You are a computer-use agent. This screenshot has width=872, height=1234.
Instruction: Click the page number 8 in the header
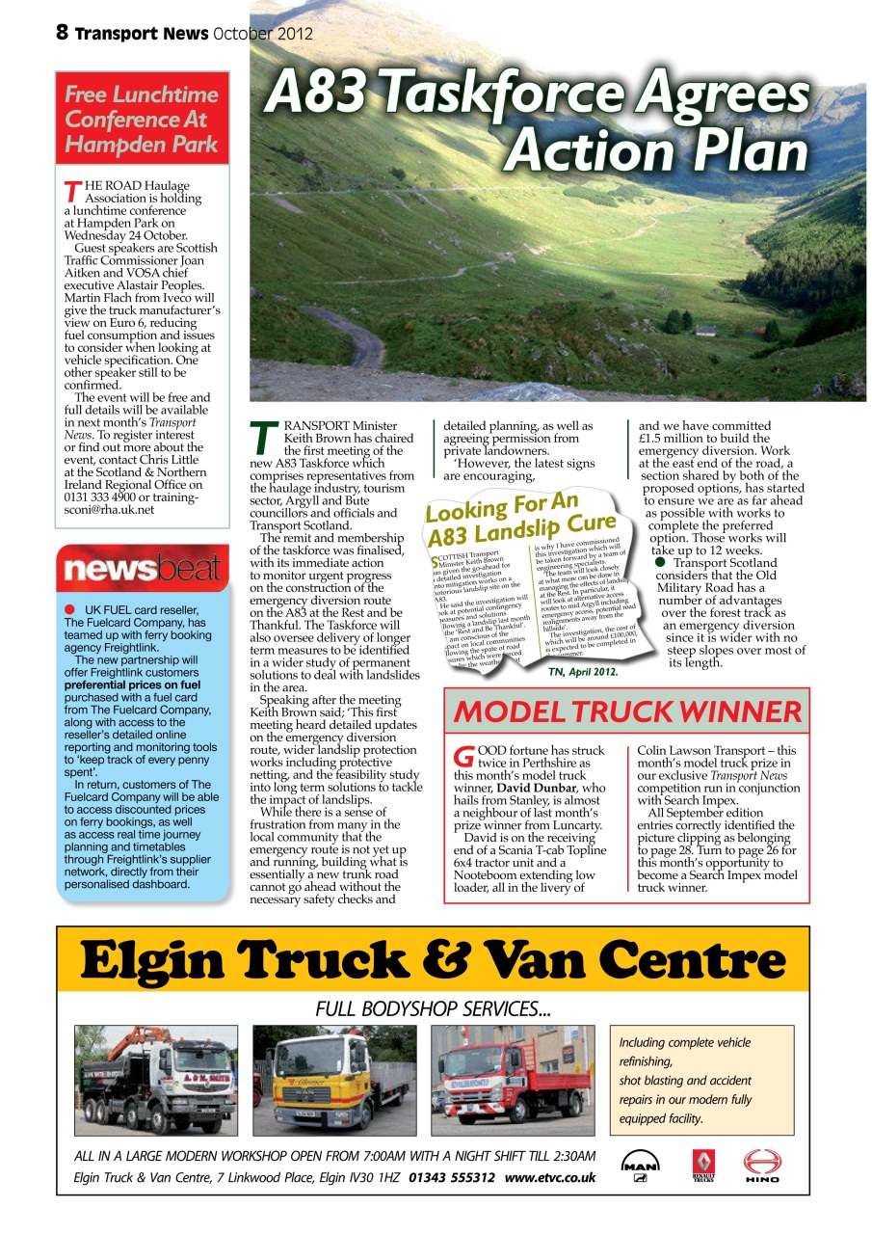pos(63,33)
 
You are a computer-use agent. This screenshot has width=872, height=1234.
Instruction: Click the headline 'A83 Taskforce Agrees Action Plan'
pos(538,121)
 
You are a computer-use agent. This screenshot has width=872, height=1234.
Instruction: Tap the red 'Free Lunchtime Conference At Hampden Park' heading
pos(143,121)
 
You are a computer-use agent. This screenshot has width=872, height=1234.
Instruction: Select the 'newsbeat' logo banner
pos(143,569)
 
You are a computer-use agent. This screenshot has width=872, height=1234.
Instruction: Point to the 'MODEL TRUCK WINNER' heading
pos(627,711)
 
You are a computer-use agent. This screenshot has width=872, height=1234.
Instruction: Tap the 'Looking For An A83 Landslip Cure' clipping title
pos(520,519)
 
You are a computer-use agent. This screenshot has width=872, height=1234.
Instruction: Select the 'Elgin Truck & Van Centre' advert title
pos(433,959)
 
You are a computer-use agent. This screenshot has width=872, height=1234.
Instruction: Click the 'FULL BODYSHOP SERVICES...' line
pos(433,1008)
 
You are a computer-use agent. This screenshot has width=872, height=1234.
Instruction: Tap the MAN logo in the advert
pos(640,1164)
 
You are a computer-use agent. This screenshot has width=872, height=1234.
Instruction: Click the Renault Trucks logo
pos(703,1165)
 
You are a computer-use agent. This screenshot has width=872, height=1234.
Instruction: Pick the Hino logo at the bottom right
pos(762,1165)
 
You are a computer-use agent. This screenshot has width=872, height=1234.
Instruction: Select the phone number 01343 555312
pos(452,1177)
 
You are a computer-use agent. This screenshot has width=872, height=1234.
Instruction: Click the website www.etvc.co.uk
pos(550,1177)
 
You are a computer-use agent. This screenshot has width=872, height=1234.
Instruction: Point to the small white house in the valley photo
pos(705,331)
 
